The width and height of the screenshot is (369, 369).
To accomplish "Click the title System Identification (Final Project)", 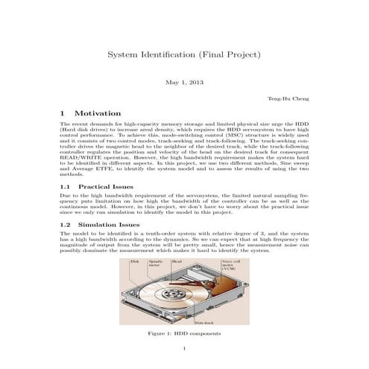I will coord(184,55).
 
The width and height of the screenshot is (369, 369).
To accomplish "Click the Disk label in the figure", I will coord(136,262).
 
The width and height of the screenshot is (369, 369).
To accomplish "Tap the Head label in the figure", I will coord(177,262).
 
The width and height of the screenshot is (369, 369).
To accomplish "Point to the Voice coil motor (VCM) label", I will coord(230,265).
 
